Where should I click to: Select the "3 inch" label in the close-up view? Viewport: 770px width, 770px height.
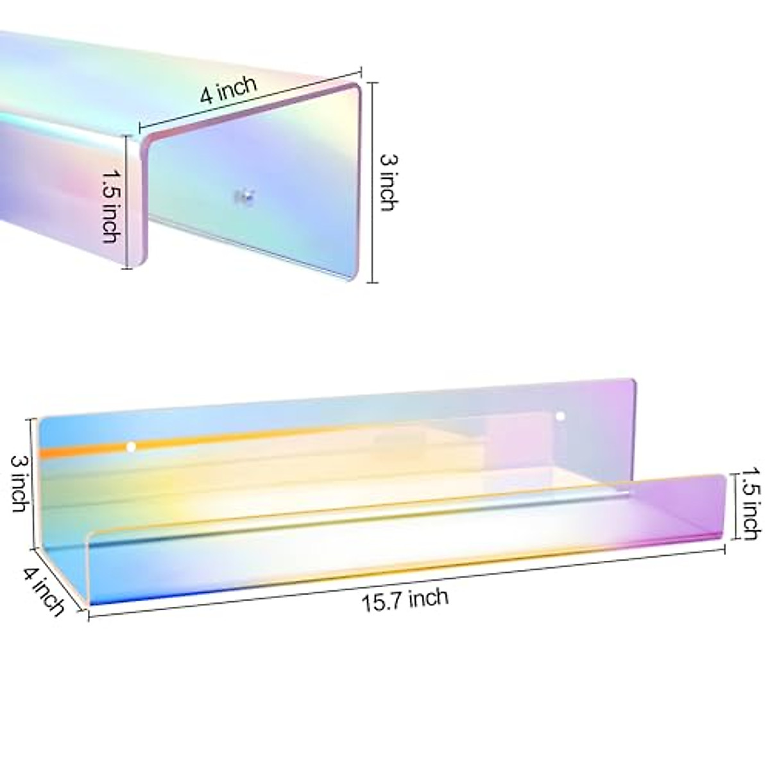[387, 182]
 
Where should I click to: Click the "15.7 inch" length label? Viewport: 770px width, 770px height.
[406, 600]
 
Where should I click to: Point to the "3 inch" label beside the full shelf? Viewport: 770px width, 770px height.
[17, 483]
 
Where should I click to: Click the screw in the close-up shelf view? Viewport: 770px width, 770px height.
[244, 196]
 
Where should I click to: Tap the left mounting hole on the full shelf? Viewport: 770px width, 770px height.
[131, 446]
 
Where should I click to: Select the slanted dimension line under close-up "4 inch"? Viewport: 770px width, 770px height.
[250, 97]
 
